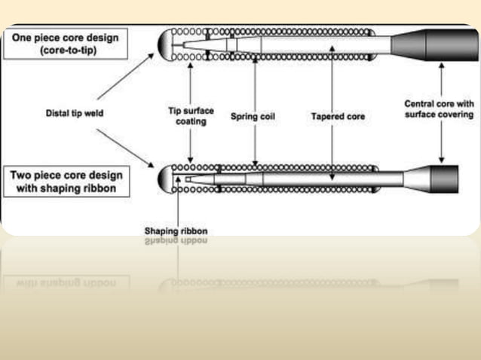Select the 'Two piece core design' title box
[66, 182]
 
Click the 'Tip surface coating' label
[190, 115]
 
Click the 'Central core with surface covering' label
[439, 109]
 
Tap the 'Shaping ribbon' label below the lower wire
[176, 230]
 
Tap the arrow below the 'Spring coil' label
[256, 143]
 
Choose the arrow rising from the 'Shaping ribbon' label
[176, 203]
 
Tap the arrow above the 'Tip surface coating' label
[191, 82]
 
